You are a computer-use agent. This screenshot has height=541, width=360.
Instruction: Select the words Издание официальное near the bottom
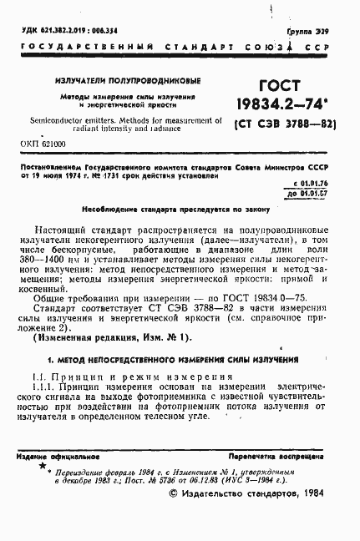click(x=58, y=458)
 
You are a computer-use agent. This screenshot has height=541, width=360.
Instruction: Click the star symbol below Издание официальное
click(x=42, y=468)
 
